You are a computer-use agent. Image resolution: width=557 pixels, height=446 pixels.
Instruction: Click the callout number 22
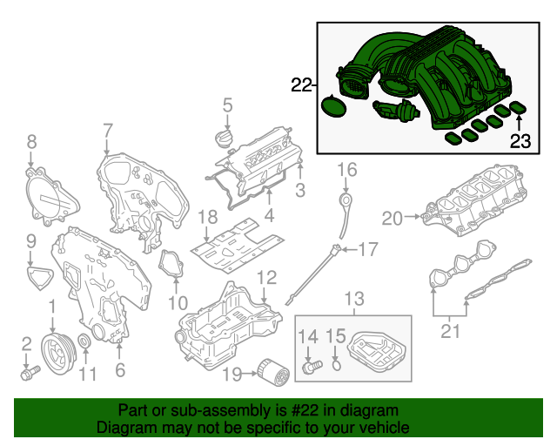click(x=301, y=85)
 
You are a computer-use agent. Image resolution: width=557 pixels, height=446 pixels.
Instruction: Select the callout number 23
click(x=520, y=142)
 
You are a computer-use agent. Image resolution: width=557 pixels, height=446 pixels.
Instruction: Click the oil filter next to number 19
click(x=272, y=375)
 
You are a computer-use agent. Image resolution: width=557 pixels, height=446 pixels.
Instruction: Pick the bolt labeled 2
click(x=30, y=374)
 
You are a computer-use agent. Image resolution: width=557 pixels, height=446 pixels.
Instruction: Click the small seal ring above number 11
click(x=84, y=341)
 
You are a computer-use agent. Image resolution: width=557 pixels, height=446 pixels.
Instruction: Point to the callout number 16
click(x=347, y=169)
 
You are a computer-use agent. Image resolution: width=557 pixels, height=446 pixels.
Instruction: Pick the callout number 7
click(x=108, y=132)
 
